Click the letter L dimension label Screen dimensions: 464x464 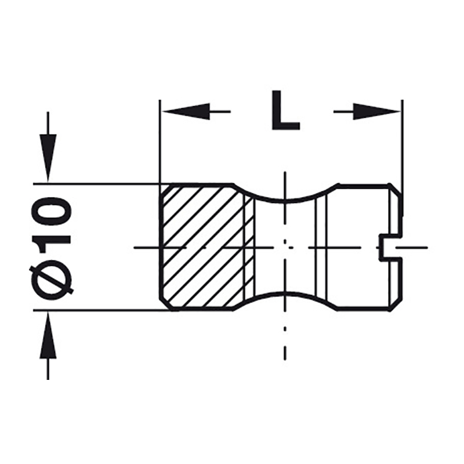click(x=285, y=110)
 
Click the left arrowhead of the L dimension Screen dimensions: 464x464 click(x=186, y=111)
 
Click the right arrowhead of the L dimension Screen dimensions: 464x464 click(x=376, y=111)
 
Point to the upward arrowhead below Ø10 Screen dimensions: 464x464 click(x=48, y=335)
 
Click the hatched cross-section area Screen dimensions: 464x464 click(x=204, y=247)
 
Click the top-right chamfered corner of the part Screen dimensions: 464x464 click(x=396, y=190)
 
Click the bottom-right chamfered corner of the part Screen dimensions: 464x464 click(x=396, y=304)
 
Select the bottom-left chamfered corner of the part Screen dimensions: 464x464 click(x=166, y=305)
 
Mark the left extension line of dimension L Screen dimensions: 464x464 click(x=160, y=142)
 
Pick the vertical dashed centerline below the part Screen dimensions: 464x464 click(x=285, y=343)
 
